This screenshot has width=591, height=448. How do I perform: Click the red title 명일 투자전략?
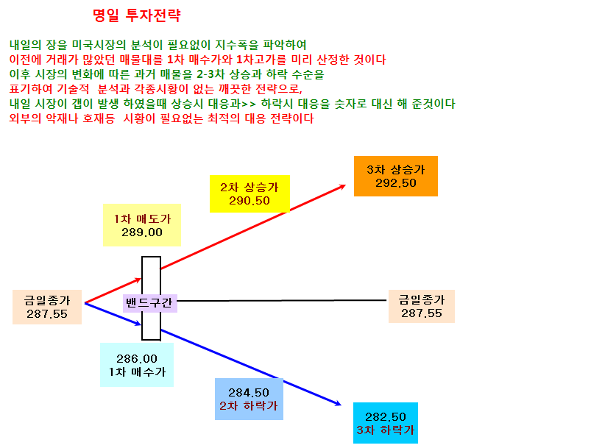(x=137, y=15)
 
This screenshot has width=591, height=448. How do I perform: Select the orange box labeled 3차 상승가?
(x=396, y=176)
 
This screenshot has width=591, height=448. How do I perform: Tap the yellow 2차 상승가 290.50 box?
(x=250, y=193)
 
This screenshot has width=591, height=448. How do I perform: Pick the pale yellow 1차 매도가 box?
(x=142, y=225)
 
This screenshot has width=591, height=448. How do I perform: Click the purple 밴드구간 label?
(x=149, y=303)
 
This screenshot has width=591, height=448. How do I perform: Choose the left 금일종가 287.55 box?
(x=47, y=307)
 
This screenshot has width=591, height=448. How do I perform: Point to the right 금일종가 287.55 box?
(x=422, y=306)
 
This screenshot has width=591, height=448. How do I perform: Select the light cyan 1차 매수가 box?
(x=137, y=365)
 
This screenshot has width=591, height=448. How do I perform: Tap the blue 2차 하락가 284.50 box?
(x=249, y=399)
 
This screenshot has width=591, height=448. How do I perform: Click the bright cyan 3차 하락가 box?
(x=386, y=423)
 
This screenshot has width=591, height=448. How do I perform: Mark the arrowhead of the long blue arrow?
(x=341, y=405)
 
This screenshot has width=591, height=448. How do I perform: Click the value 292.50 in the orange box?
(x=396, y=183)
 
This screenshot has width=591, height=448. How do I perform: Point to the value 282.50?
(x=386, y=416)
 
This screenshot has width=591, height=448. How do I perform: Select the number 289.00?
(x=142, y=232)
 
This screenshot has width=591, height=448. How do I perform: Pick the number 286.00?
(x=137, y=358)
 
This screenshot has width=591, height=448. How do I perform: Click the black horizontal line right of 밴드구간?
(x=282, y=301)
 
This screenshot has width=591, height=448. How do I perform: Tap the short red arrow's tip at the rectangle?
(x=141, y=279)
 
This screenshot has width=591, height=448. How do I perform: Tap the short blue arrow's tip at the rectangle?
(x=141, y=324)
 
